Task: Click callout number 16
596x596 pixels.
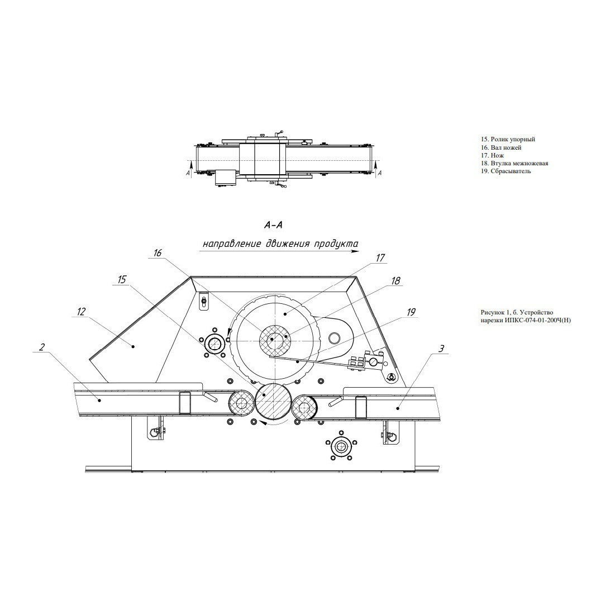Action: pyautogui.click(x=158, y=253)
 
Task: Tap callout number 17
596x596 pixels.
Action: pyautogui.click(x=380, y=258)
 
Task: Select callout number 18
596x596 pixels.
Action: pyautogui.click(x=396, y=281)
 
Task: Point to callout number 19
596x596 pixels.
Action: pyautogui.click(x=411, y=312)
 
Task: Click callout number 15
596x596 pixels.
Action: pyautogui.click(x=122, y=280)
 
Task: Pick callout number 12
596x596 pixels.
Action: pyautogui.click(x=81, y=312)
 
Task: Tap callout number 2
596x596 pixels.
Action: pyautogui.click(x=42, y=347)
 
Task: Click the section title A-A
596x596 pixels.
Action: pyautogui.click(x=274, y=226)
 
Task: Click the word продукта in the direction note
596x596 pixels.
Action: pyautogui.click(x=336, y=244)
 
